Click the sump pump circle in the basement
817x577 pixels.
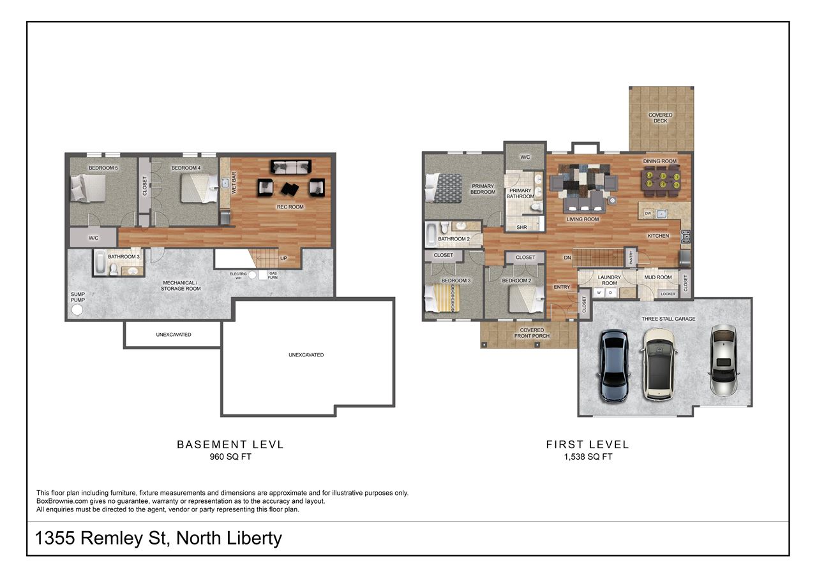tap(78, 310)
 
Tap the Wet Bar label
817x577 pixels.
tap(234, 182)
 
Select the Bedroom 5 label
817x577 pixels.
tap(103, 168)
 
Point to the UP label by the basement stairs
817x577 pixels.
tap(283, 259)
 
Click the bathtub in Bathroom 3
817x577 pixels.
tap(101, 263)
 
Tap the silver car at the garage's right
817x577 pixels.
tap(724, 360)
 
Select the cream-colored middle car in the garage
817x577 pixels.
tap(659, 364)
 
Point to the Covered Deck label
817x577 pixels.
tap(660, 118)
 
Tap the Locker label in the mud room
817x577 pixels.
tap(668, 294)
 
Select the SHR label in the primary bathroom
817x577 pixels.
tap(521, 227)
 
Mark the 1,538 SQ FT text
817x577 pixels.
tap(588, 456)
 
